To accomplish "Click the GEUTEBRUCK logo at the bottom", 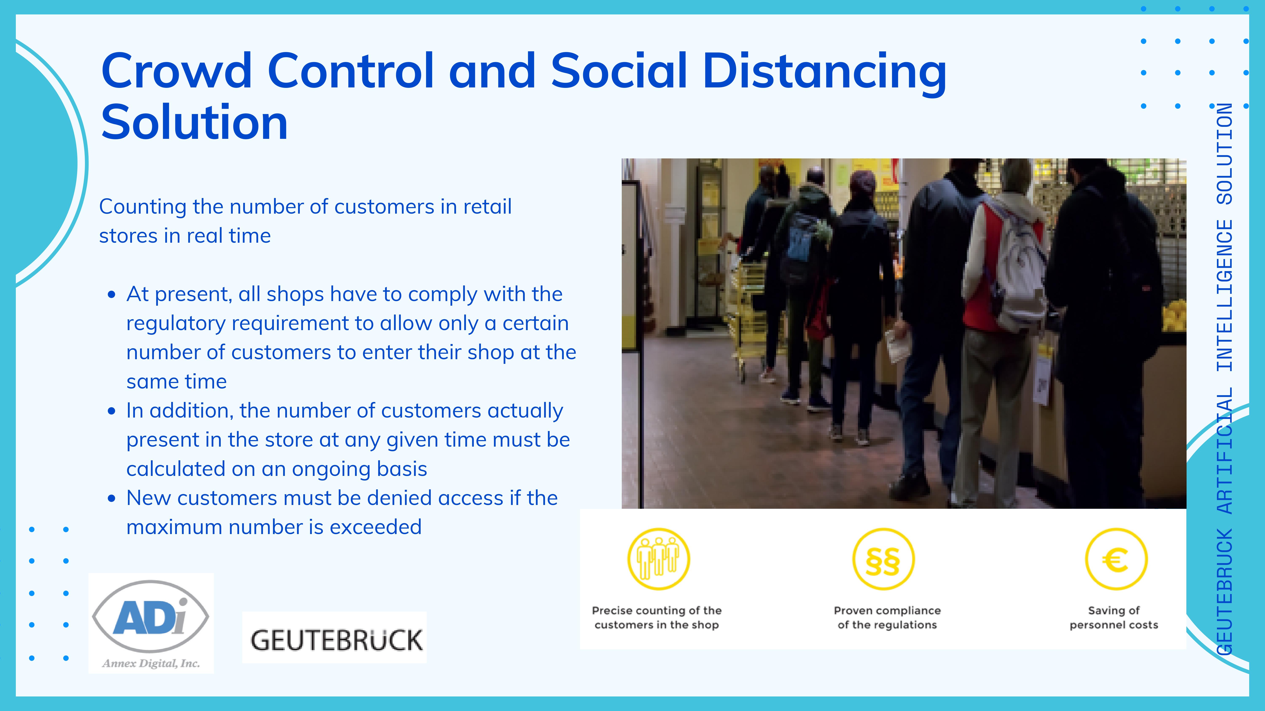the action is click(334, 638).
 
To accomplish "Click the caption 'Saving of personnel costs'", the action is click(1114, 617).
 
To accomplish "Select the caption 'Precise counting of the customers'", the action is click(657, 617).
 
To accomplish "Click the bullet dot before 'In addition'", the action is click(112, 411).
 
